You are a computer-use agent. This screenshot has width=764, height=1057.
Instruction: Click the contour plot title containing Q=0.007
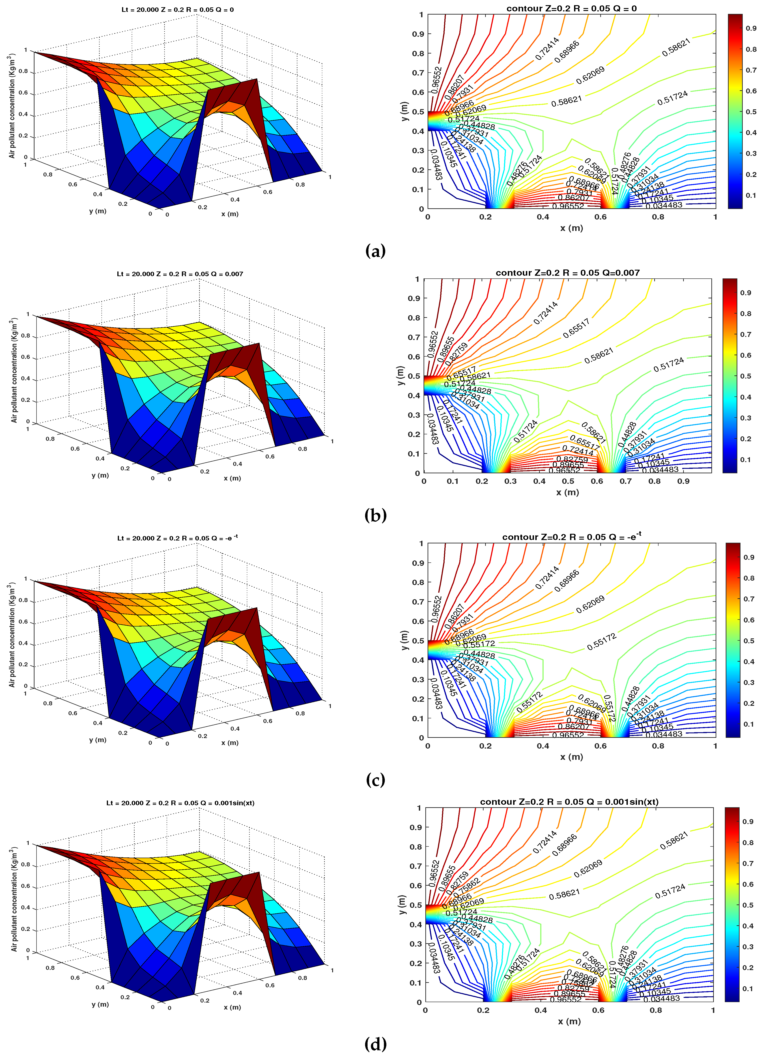point(567,273)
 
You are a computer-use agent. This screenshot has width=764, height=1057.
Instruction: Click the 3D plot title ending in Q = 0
point(178,9)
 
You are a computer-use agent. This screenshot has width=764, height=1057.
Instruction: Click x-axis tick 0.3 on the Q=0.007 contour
point(510,481)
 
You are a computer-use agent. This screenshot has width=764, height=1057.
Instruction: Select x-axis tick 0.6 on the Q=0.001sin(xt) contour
point(598,1010)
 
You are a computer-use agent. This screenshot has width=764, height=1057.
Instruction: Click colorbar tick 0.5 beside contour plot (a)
point(751,112)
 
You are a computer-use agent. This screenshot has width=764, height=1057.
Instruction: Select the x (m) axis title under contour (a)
point(571,228)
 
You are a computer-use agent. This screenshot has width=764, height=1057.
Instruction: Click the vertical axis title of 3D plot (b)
point(14,370)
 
